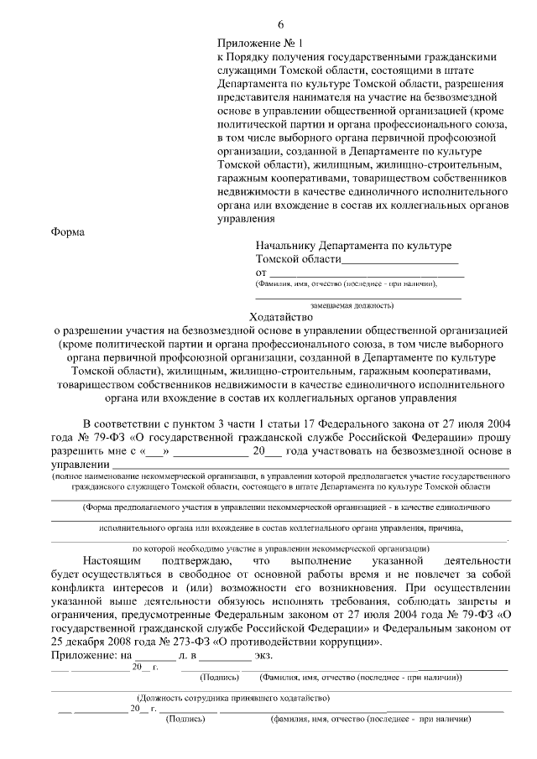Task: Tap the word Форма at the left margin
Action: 67,231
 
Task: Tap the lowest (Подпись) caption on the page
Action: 186,719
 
